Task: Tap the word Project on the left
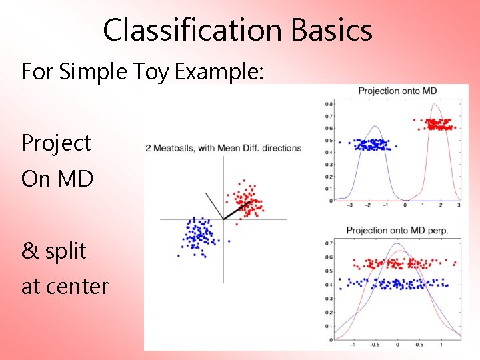tap(56, 143)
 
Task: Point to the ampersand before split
tap(30, 251)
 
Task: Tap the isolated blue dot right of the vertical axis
tap(229, 241)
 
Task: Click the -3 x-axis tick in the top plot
tap(350, 206)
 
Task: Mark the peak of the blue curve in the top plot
tap(375, 127)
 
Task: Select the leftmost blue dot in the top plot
tap(339, 142)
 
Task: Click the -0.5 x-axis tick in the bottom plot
tap(375, 345)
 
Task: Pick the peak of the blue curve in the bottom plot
tap(397, 243)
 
